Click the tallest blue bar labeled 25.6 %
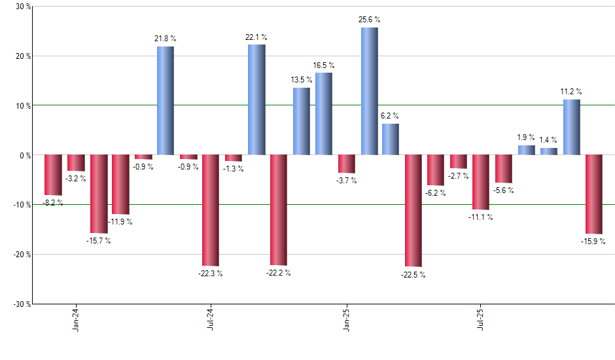369,91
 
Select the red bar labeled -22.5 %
413,211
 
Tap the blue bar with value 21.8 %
166,101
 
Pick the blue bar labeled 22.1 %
256,99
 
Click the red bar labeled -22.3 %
211,210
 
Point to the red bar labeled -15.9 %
594,194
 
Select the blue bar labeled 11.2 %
572,127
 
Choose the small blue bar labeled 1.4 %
549,151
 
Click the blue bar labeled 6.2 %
391,139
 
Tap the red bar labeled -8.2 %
53,175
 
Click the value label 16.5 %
323,65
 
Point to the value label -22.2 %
278,272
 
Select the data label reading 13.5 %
302,80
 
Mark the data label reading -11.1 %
481,217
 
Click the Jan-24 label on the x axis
76,319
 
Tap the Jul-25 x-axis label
481,319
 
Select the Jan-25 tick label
346,319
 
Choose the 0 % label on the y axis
24,155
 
